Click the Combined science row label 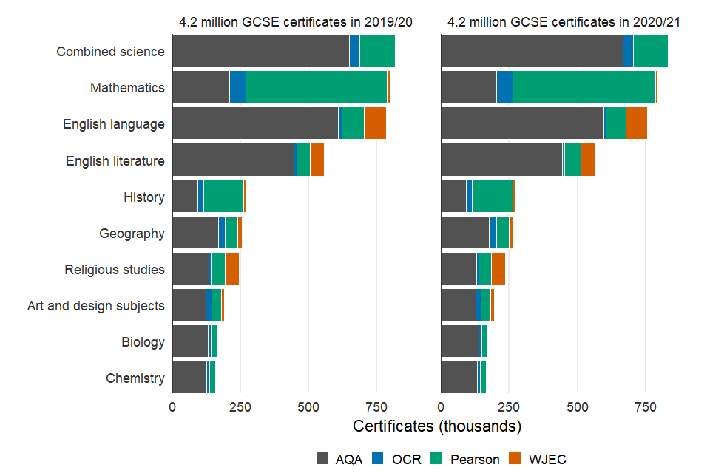[110, 52]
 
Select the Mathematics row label [127, 88]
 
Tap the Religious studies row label [115, 270]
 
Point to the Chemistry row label [135, 378]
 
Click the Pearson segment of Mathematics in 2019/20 [316, 88]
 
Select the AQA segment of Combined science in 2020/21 [532, 52]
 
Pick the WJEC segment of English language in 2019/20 [375, 124]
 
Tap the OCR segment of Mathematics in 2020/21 [504, 88]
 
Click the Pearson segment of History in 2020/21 [492, 197]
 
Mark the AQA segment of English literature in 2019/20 [233, 160]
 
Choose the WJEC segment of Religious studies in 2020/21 [498, 269]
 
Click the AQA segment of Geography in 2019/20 [195, 233]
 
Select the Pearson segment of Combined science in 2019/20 [377, 52]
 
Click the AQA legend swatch [322, 458]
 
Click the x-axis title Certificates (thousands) [437, 426]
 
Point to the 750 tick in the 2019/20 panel [376, 406]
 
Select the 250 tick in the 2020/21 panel [509, 406]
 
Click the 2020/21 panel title [564, 23]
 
